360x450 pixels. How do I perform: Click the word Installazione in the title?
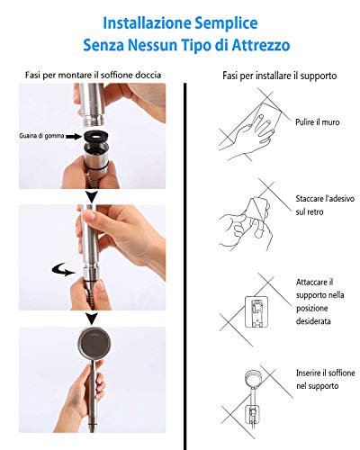[x=147, y=23]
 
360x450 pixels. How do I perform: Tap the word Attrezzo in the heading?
[x=261, y=45]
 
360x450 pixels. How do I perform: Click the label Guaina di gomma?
[x=41, y=136]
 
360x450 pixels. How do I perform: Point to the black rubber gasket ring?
[x=95, y=137]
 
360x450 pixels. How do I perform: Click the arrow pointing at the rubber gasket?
[x=74, y=137]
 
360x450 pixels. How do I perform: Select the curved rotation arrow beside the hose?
[x=63, y=270]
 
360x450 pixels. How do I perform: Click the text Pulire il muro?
[x=318, y=122]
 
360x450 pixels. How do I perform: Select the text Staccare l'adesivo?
[x=325, y=199]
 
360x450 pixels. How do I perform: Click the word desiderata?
[x=313, y=321]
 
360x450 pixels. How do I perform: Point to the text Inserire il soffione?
[x=326, y=373]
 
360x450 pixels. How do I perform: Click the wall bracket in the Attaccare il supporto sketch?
[x=256, y=312]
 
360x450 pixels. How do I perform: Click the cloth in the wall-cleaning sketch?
[x=266, y=115]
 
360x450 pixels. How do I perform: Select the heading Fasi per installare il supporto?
[x=279, y=76]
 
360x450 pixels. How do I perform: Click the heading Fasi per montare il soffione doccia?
[x=93, y=75]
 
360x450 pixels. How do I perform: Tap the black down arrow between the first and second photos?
[x=92, y=197]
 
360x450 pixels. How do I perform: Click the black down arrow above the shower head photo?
[x=92, y=319]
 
